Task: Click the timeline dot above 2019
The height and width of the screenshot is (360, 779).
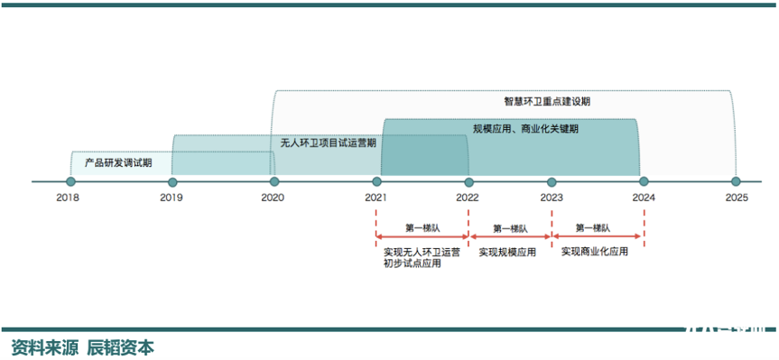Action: [x=172, y=180]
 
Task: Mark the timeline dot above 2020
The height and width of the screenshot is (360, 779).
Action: [x=274, y=180]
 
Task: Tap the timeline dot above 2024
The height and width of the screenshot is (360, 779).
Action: [x=644, y=180]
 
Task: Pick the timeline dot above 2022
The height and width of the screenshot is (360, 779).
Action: [x=468, y=180]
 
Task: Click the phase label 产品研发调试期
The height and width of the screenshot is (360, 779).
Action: [x=118, y=162]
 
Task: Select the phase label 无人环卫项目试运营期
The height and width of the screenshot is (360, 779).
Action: [x=328, y=143]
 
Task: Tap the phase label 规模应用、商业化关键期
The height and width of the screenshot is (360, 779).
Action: [x=525, y=129]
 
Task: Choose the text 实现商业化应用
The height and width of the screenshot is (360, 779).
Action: [x=594, y=253]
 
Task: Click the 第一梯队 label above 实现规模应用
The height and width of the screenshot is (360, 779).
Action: [x=510, y=228]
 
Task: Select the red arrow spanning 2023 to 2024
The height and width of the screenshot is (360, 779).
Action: [x=598, y=238]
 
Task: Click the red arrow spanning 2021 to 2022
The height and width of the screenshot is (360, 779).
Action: [x=422, y=238]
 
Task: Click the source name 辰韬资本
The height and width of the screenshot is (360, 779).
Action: [x=120, y=347]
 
